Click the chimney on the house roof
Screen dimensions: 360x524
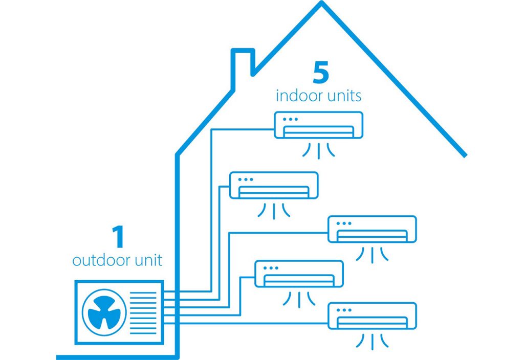coord(244,66)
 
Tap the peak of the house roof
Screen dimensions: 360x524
coord(321,4)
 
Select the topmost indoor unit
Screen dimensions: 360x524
coord(319,125)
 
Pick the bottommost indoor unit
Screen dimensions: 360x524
coord(372,316)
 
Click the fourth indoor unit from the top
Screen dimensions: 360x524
coord(298,274)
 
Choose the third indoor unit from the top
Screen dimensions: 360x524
coord(372,229)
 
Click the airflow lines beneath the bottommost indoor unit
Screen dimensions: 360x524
coord(372,340)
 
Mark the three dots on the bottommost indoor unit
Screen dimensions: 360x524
coord(343,310)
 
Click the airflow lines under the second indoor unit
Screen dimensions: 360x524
coord(274,210)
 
